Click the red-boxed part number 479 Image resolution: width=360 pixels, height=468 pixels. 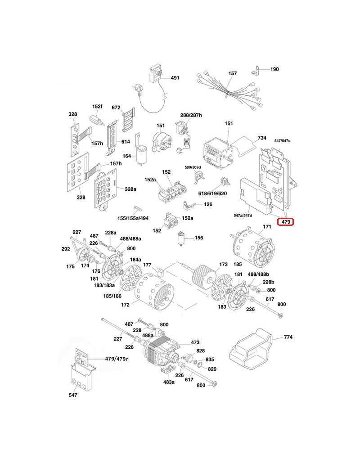pos(285,222)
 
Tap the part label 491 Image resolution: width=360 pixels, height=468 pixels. pos(175,78)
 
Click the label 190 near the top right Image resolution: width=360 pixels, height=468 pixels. pos(274,69)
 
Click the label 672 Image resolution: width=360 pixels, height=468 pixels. pos(116,108)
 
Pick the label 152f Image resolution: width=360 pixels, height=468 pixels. pos(97,106)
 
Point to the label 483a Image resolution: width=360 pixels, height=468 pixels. pos(169,382)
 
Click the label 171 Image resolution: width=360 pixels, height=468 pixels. pos(267,226)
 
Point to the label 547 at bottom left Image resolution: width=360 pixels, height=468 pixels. pos(73,395)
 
